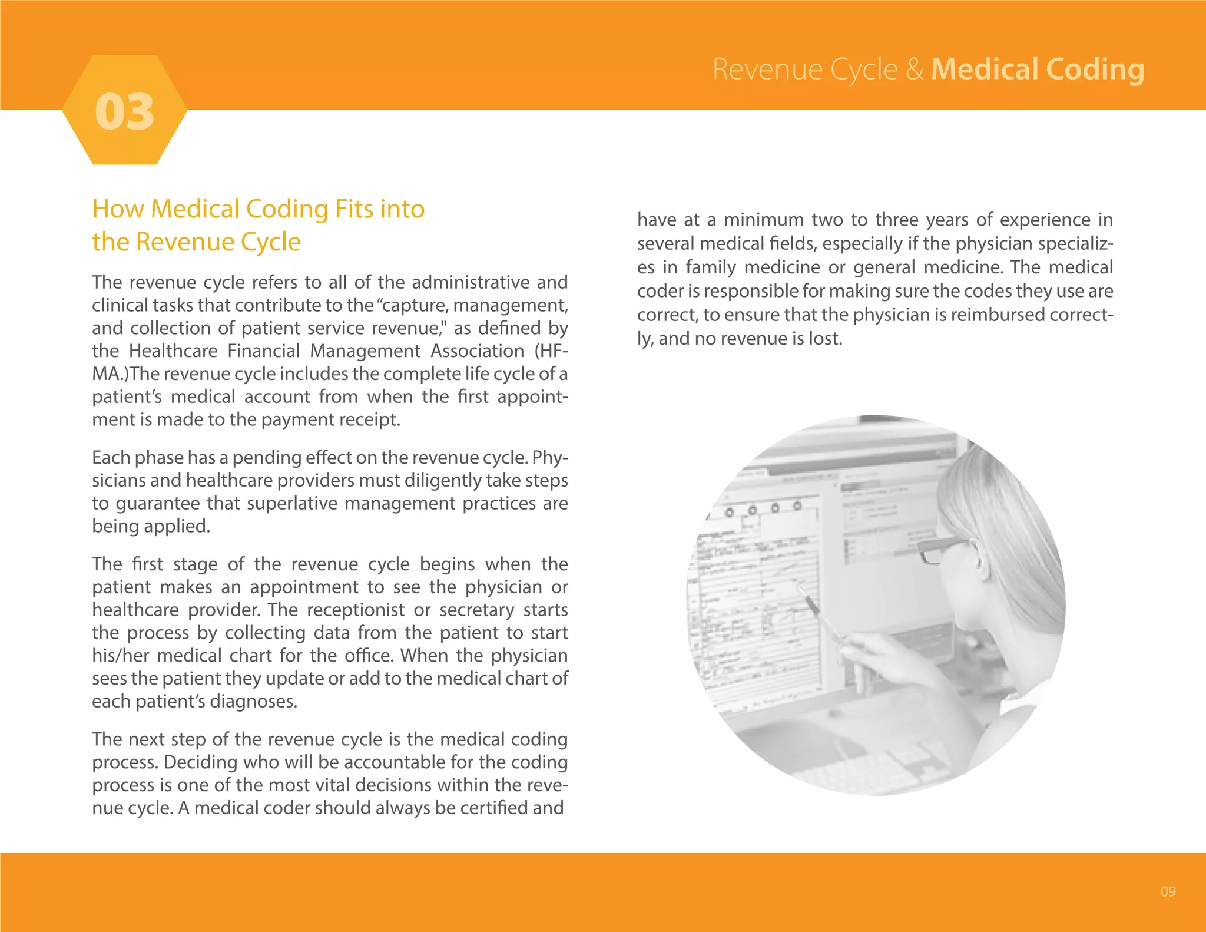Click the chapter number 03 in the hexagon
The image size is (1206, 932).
125,112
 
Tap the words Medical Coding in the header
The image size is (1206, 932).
1038,70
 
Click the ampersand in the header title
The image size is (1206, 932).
915,70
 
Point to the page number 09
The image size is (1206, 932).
1168,891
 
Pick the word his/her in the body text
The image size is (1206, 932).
120,656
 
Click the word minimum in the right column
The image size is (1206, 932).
763,220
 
